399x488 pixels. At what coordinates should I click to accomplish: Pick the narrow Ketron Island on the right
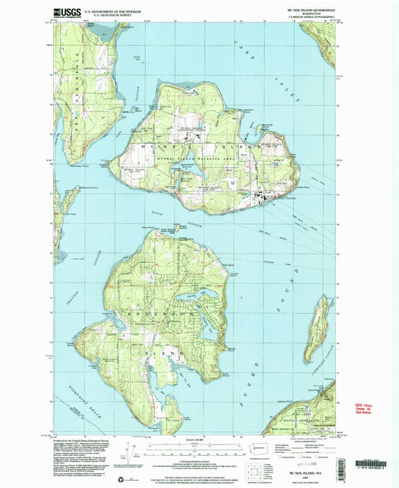320,322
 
